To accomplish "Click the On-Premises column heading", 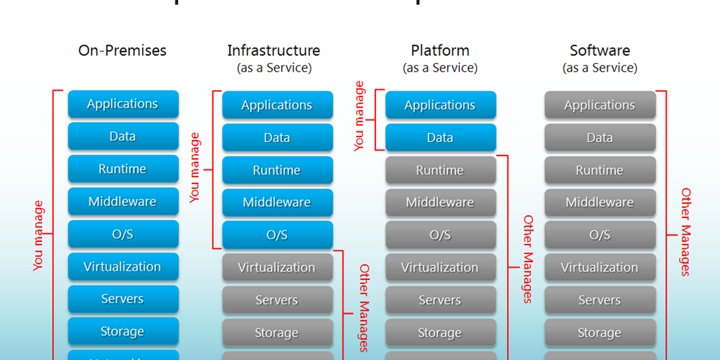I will (x=122, y=51).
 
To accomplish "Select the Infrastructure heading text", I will (x=274, y=51).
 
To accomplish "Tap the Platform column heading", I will (x=440, y=51).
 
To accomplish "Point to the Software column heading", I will (x=600, y=51).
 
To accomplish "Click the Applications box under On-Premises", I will (x=123, y=104).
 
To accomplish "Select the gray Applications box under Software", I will (x=600, y=105).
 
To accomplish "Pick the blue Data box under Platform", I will (x=440, y=138).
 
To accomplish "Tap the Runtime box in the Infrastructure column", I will (x=277, y=170).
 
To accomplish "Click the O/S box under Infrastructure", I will (x=277, y=235).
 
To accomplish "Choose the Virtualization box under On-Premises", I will (x=123, y=266).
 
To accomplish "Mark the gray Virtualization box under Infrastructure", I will (x=277, y=268).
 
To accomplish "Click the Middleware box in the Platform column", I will (x=440, y=202).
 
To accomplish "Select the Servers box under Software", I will (x=600, y=300).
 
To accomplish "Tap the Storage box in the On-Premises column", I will (x=123, y=331).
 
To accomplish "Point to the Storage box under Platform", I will (x=440, y=333).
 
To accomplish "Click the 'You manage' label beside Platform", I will (x=360, y=117).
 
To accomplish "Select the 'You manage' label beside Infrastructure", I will (x=195, y=168).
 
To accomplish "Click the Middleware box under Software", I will (x=600, y=202).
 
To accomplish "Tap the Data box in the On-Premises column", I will (x=123, y=136).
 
